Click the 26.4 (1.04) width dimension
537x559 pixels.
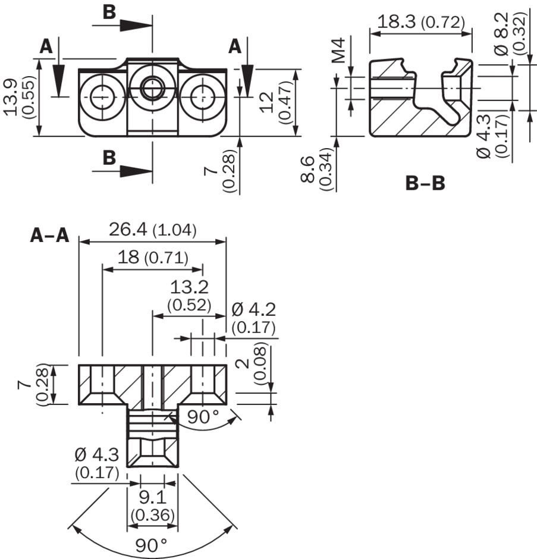[152, 230]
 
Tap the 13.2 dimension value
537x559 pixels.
[189, 288]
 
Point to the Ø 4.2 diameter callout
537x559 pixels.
[254, 309]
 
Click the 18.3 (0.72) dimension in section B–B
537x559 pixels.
[421, 23]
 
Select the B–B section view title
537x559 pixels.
[425, 183]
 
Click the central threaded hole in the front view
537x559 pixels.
[153, 89]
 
